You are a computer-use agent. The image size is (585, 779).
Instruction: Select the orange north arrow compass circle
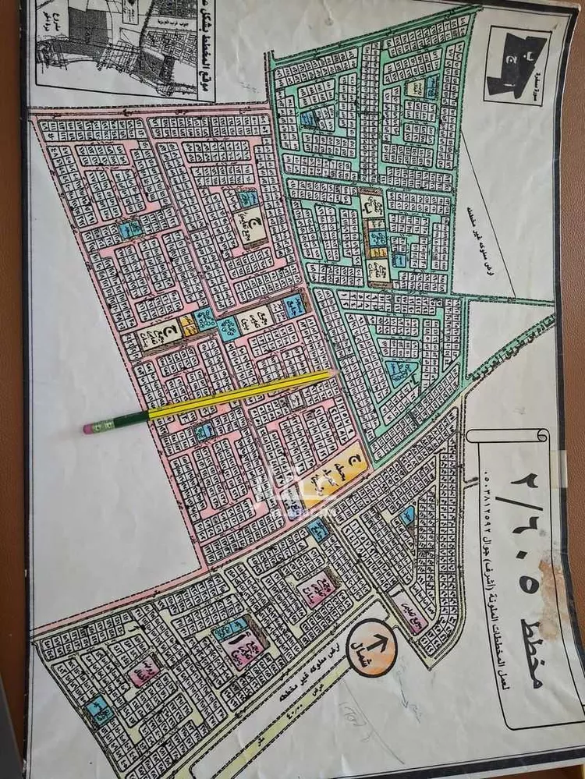[373, 646]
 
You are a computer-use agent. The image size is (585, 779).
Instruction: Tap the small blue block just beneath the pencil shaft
[204, 430]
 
